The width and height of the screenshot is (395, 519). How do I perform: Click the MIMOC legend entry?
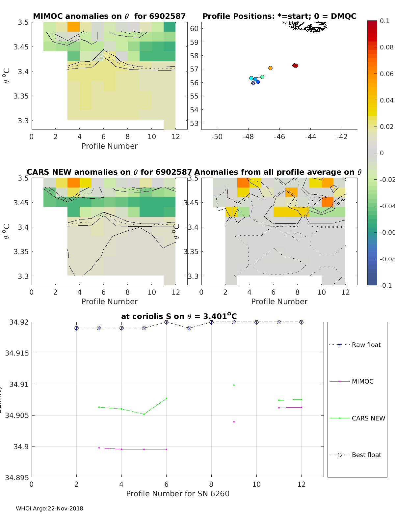click(362, 381)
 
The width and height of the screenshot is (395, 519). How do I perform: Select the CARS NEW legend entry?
click(368, 418)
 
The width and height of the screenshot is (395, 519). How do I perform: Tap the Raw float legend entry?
click(366, 345)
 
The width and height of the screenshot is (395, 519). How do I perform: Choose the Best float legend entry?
click(366, 455)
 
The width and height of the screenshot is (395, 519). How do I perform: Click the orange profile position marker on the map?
click(270, 68)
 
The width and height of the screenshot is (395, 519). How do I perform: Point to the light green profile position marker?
click(262, 77)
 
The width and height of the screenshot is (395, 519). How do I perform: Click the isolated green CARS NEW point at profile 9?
click(234, 385)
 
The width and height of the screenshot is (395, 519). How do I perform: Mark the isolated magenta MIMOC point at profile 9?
click(234, 422)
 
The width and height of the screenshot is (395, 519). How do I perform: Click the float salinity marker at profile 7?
click(189, 328)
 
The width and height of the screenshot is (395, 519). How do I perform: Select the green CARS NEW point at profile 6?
click(166, 398)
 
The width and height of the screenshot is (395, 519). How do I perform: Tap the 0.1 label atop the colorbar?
click(384, 21)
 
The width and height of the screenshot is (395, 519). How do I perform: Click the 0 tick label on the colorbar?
click(382, 153)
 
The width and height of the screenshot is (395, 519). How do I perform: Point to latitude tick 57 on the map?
click(194, 69)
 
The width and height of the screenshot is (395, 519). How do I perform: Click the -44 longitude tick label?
click(310, 137)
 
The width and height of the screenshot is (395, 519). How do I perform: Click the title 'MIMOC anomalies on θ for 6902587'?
click(109, 16)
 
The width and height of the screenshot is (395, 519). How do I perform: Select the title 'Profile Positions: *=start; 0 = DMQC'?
click(279, 16)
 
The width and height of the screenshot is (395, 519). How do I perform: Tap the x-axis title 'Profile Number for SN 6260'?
click(177, 494)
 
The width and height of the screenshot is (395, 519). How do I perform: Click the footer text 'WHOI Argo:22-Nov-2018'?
click(49, 508)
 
